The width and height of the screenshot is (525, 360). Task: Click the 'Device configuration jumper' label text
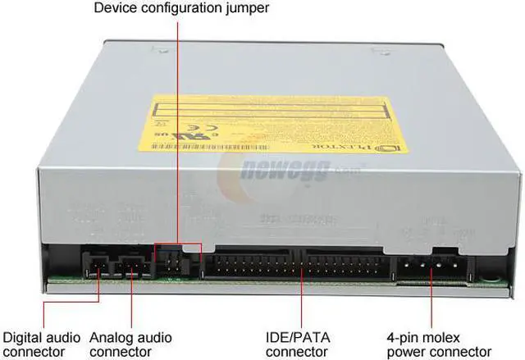pos(181,10)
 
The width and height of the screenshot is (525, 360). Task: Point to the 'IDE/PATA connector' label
pos(301,344)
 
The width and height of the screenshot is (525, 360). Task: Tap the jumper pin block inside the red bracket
pos(176,262)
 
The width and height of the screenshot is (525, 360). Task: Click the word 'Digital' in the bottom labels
pos(23,336)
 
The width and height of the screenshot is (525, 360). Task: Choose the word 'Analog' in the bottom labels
pos(132,336)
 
